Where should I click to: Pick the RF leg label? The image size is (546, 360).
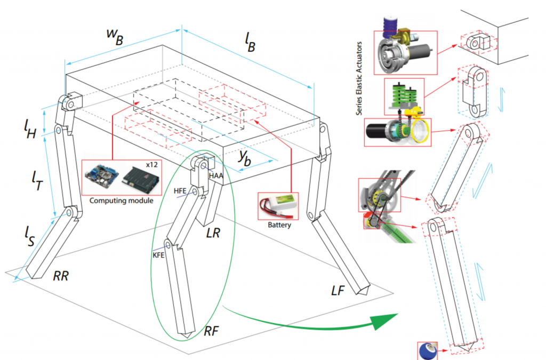[x=212, y=331]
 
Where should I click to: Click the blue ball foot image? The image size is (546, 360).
[x=428, y=350]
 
